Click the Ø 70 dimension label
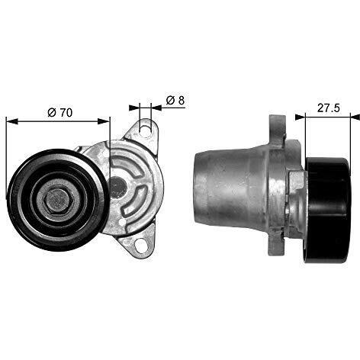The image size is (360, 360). pos(59,112)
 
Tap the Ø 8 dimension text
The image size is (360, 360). pos(172,100)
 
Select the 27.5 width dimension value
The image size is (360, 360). pos(329,108)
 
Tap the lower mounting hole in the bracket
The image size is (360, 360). pos(141,244)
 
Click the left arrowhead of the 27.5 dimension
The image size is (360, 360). pos(308,116)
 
